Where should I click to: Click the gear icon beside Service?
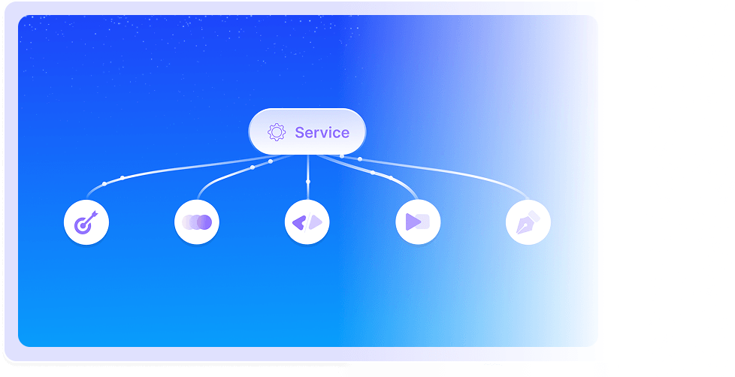tap(277, 133)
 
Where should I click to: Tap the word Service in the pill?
tap(322, 133)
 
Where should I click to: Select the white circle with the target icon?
tap(86, 222)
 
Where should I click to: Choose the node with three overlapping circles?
tap(197, 222)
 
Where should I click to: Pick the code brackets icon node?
tap(307, 222)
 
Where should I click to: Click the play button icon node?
tap(418, 222)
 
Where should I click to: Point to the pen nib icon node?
tap(528, 222)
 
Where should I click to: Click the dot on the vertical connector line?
tap(307, 182)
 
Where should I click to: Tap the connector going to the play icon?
tap(391, 177)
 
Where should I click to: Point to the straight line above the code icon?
tap(307, 169)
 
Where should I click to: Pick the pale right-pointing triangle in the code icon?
tap(316, 222)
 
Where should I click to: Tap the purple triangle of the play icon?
tap(413, 222)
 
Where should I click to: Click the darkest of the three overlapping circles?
tap(204, 222)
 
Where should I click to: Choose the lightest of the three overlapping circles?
tap(188, 222)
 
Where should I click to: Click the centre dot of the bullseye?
tap(85, 224)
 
